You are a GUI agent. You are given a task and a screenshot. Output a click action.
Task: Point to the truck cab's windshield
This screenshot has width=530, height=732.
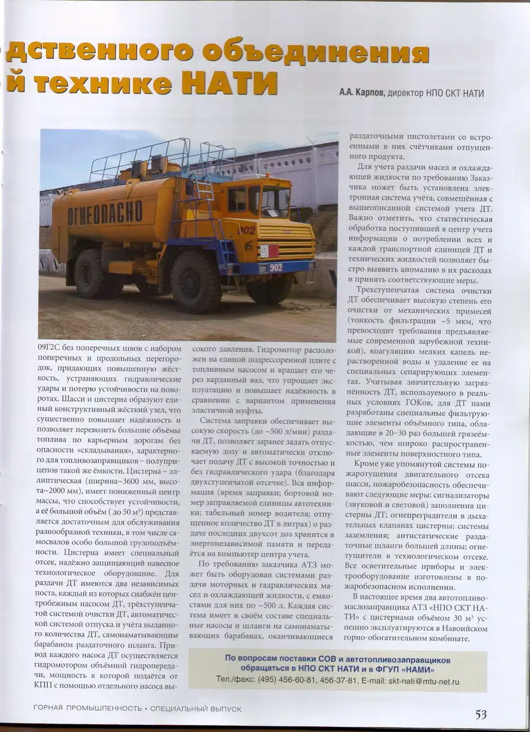[276, 201]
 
